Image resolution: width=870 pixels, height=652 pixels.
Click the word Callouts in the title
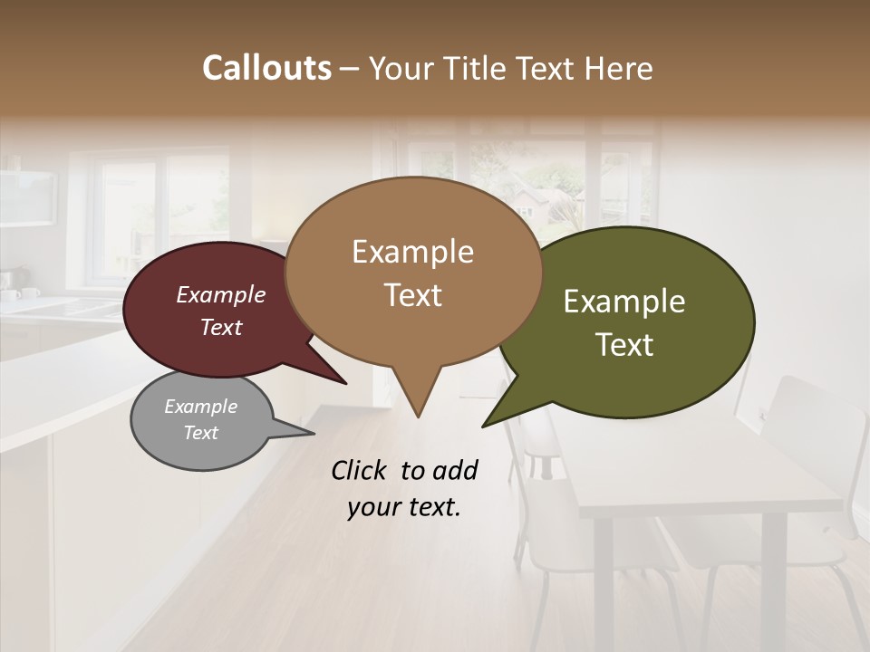click(x=266, y=68)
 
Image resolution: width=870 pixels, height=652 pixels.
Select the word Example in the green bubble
click(x=624, y=302)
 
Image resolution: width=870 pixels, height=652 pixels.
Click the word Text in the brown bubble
click(x=413, y=295)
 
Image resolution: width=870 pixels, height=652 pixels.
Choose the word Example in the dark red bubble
click(x=221, y=295)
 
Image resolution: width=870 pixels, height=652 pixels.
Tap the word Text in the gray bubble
click(x=201, y=433)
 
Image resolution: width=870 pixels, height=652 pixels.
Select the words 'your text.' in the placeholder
click(x=404, y=508)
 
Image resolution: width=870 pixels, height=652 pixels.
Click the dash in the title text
click(x=350, y=69)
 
